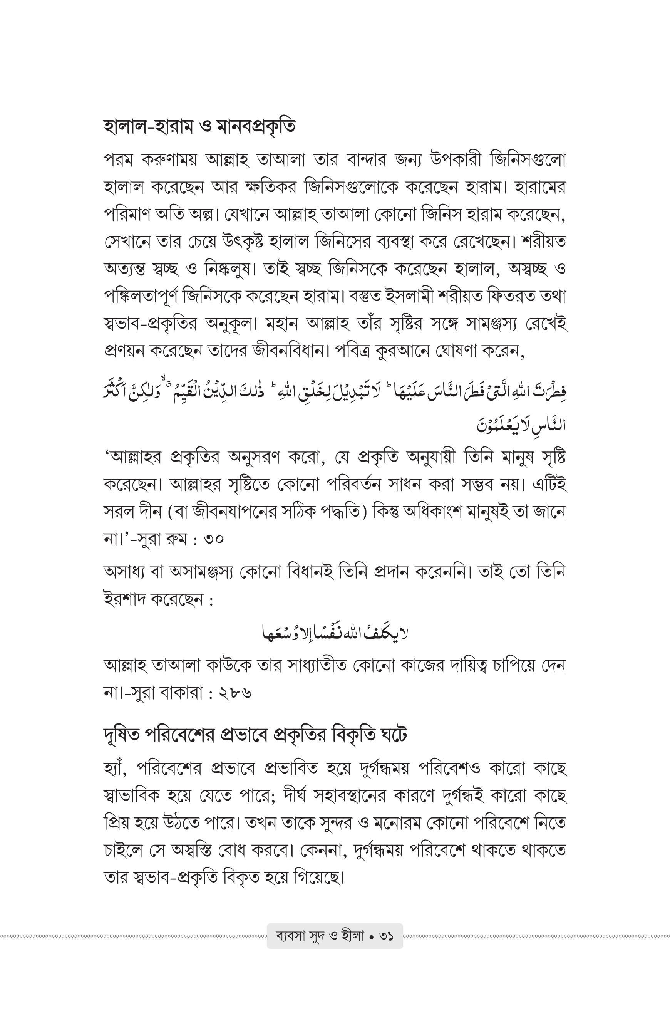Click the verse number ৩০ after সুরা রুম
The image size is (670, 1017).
pos(214,539)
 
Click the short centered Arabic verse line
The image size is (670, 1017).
pos(335,633)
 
